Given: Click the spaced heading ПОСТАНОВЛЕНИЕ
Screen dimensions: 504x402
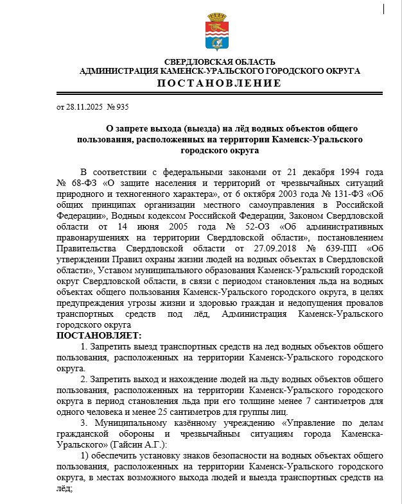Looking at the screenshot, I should (219, 83).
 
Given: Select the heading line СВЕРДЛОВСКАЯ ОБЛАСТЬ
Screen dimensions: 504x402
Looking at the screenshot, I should (219, 62).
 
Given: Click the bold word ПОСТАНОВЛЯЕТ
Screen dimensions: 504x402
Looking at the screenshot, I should (98, 335).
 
